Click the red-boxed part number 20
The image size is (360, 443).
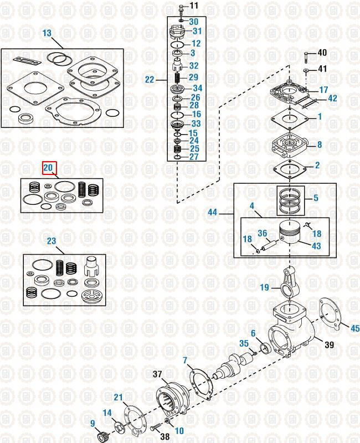click(49, 167)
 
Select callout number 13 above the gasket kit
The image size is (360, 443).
click(47, 33)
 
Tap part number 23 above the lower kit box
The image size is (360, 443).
click(51, 241)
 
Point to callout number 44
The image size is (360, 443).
click(213, 212)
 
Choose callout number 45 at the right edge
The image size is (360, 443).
click(354, 328)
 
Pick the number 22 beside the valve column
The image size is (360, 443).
click(150, 79)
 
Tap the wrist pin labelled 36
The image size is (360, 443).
click(269, 242)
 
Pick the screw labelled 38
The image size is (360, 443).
click(153, 428)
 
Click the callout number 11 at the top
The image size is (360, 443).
click(193, 6)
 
